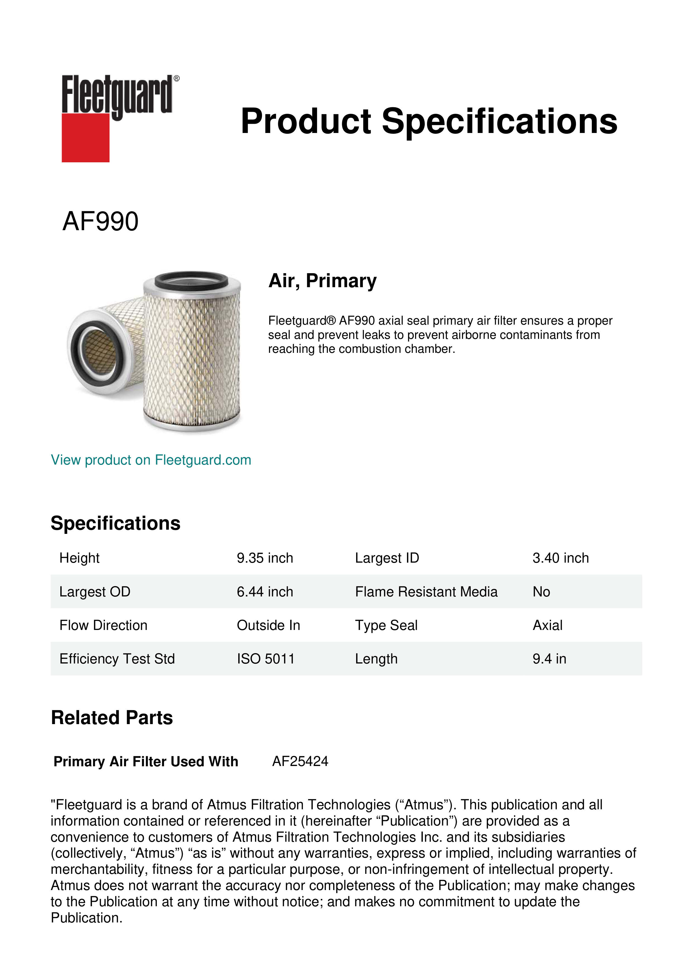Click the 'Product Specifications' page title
[429, 121]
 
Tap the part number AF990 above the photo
[100, 222]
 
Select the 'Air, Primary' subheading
[322, 281]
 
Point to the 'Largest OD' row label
[95, 592]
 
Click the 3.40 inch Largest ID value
[560, 558]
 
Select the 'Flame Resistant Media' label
[426, 592]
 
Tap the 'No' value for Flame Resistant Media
[541, 592]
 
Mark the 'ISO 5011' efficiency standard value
[265, 659]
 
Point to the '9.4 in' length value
[549, 659]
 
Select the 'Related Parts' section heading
[112, 718]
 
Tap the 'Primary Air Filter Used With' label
[146, 762]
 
